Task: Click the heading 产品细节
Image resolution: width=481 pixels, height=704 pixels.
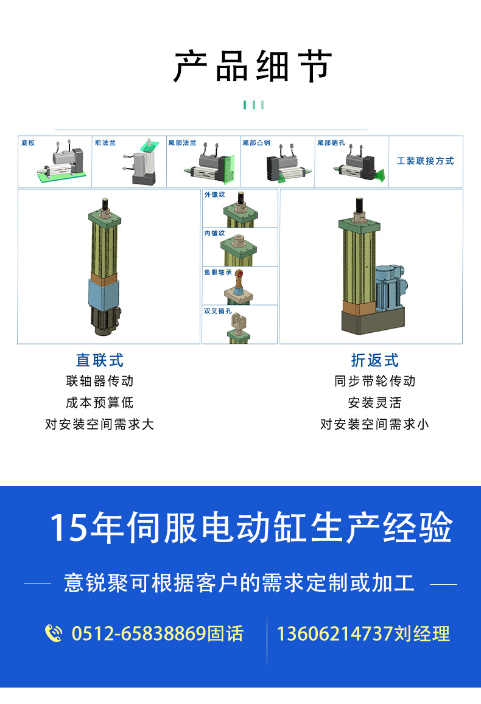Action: pos(253,66)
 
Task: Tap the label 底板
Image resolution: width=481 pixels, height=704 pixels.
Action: pos(28,143)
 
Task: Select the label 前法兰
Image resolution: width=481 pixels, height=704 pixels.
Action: pos(105,143)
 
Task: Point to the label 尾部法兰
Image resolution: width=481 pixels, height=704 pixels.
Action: pos(182,143)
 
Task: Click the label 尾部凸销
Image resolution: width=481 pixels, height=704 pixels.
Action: pos(256,143)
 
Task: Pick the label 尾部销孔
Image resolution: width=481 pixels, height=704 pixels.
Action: pos(331,143)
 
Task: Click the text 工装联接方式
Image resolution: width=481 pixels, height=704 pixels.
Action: pos(426,161)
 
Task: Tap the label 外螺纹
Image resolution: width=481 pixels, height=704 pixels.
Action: pos(215,195)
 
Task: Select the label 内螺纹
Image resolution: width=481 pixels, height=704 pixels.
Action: pos(215,233)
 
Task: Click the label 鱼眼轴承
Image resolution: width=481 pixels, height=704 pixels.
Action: pos(218,272)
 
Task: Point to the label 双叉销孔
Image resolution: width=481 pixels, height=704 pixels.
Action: pos(218,311)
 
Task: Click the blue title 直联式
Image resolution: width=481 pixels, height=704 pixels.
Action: pos(100,360)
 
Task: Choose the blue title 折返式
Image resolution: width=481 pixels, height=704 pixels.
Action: pos(375,360)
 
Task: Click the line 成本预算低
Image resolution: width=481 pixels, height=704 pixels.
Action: pos(100,403)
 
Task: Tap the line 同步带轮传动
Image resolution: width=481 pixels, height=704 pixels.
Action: pos(375,381)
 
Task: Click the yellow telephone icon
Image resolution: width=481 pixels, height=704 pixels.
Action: pos(54,633)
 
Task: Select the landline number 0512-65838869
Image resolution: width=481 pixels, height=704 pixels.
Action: pos(139,633)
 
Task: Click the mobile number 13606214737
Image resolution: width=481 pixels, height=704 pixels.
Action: pos(335,633)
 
